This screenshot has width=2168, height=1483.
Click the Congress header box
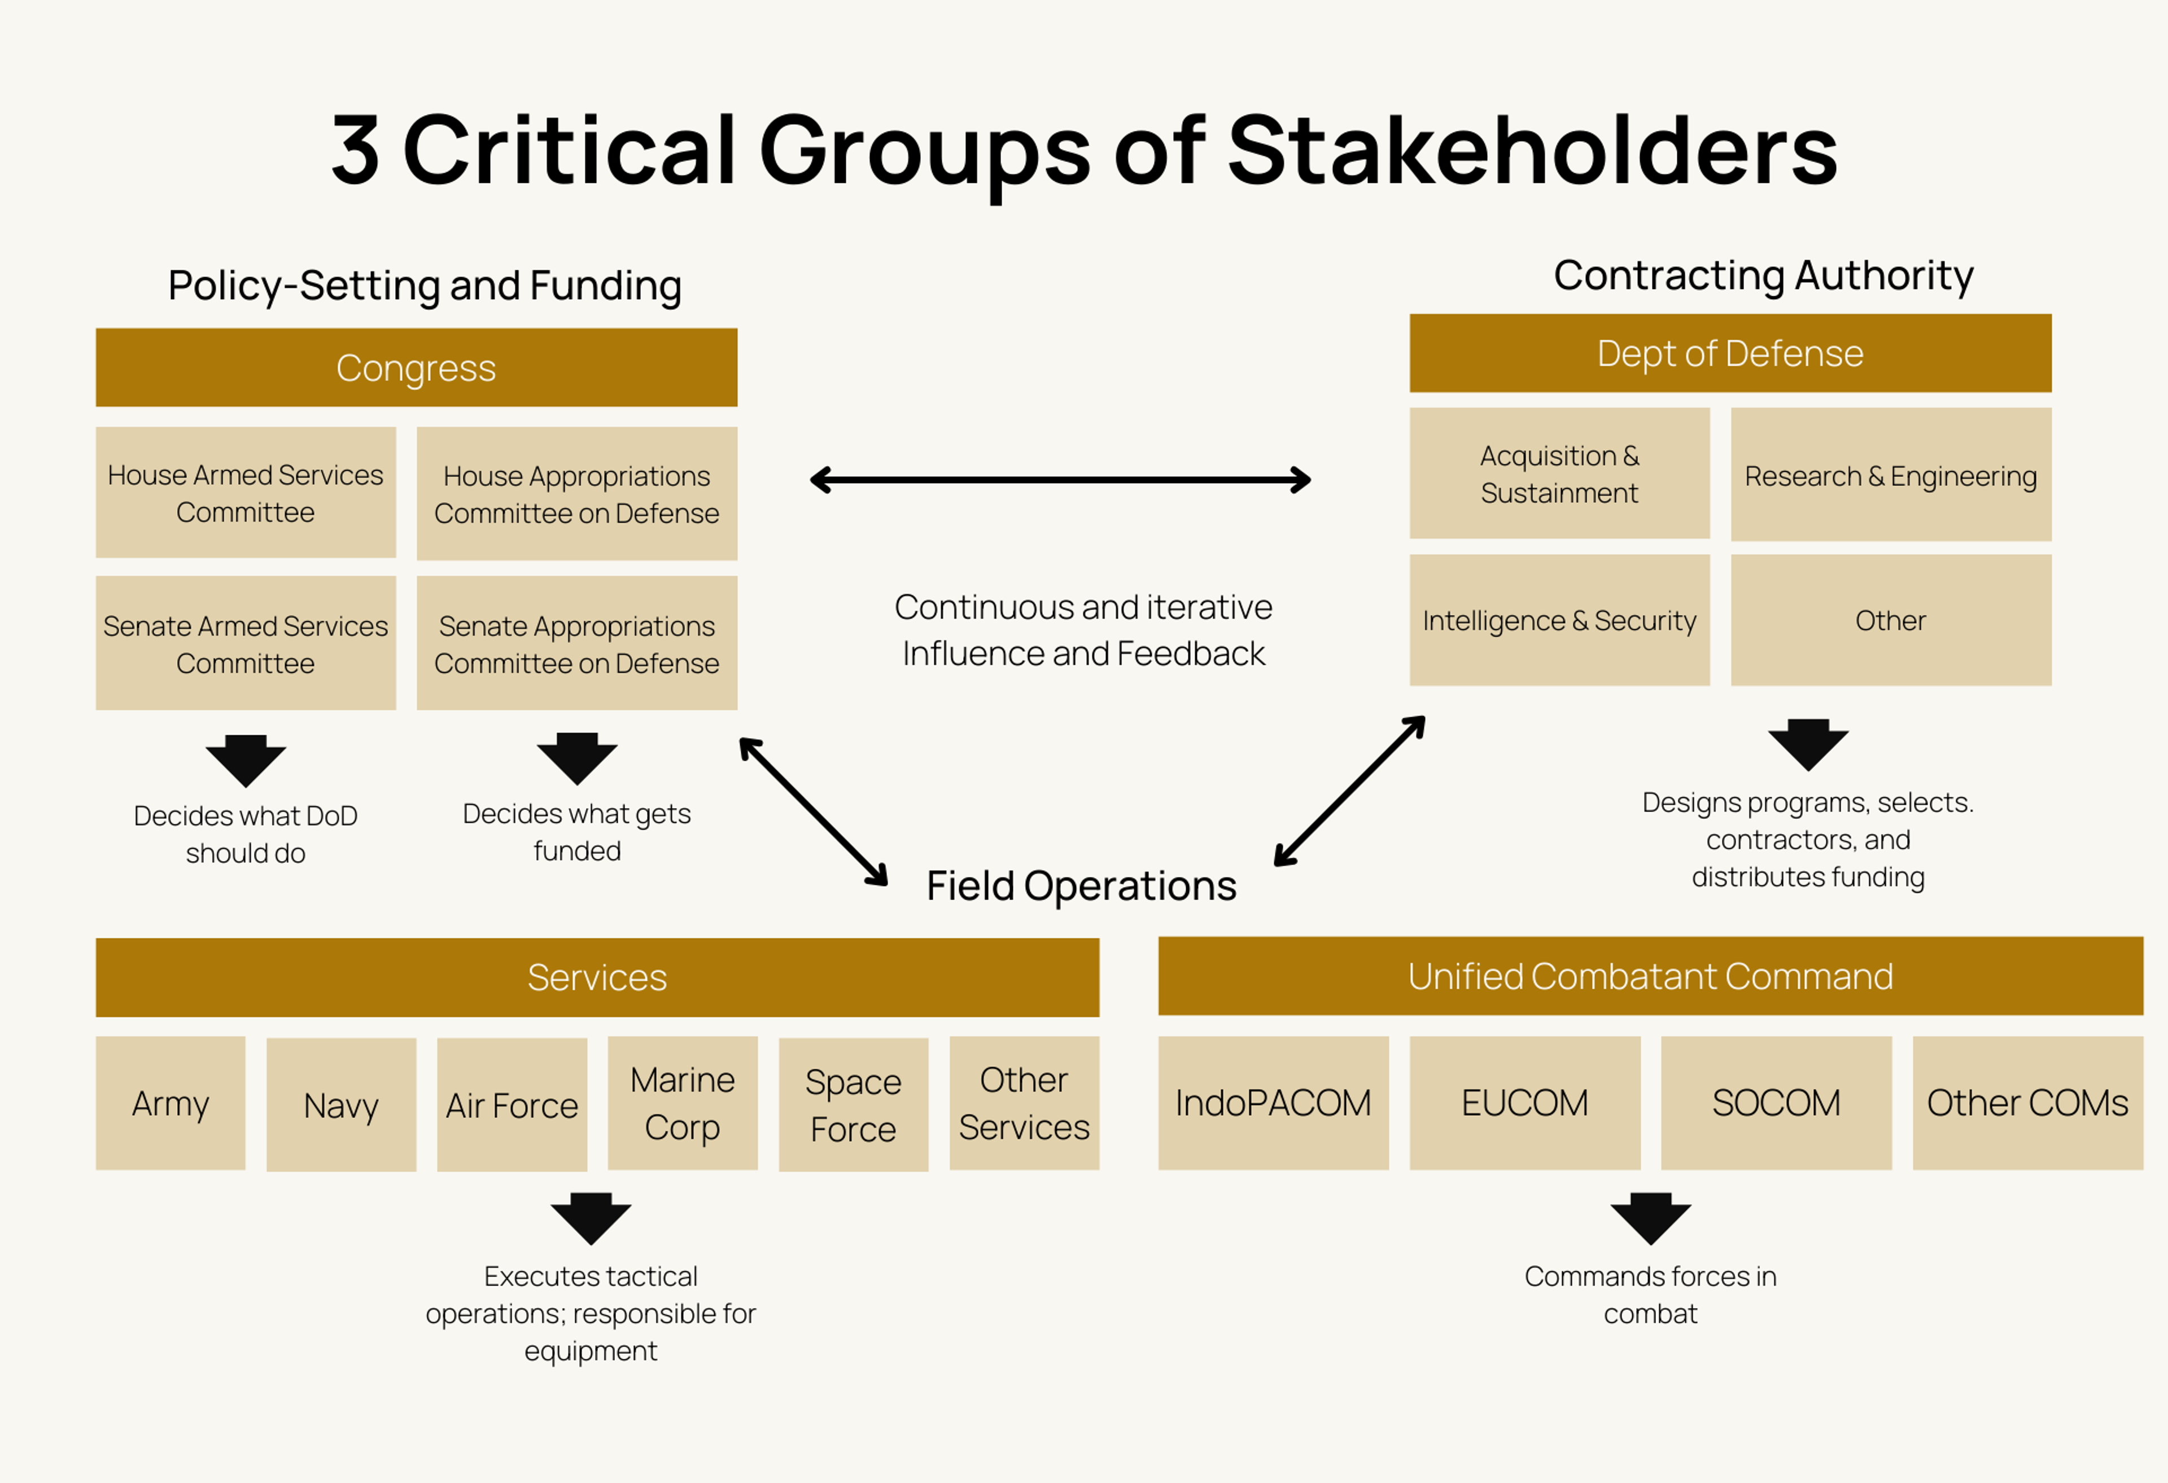(x=416, y=367)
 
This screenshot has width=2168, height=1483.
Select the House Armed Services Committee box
(x=246, y=493)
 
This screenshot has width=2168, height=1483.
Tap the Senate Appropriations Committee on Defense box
(x=576, y=643)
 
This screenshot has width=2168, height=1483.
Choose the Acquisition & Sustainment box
(x=1559, y=474)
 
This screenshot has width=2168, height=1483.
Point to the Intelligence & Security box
(x=1559, y=620)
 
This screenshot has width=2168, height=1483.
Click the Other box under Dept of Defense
(x=1890, y=620)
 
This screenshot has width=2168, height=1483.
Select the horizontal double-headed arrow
(x=1060, y=480)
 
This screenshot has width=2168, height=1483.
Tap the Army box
(x=171, y=1103)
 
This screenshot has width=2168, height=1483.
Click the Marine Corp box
(x=682, y=1103)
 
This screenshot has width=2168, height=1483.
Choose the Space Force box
(x=853, y=1105)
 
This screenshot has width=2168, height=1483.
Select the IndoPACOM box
(x=1273, y=1103)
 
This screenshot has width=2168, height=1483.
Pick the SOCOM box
(x=1775, y=1103)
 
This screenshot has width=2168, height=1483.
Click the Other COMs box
(x=2027, y=1103)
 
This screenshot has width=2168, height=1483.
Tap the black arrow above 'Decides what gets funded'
(x=576, y=758)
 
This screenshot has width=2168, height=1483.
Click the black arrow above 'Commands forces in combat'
(x=1650, y=1218)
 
